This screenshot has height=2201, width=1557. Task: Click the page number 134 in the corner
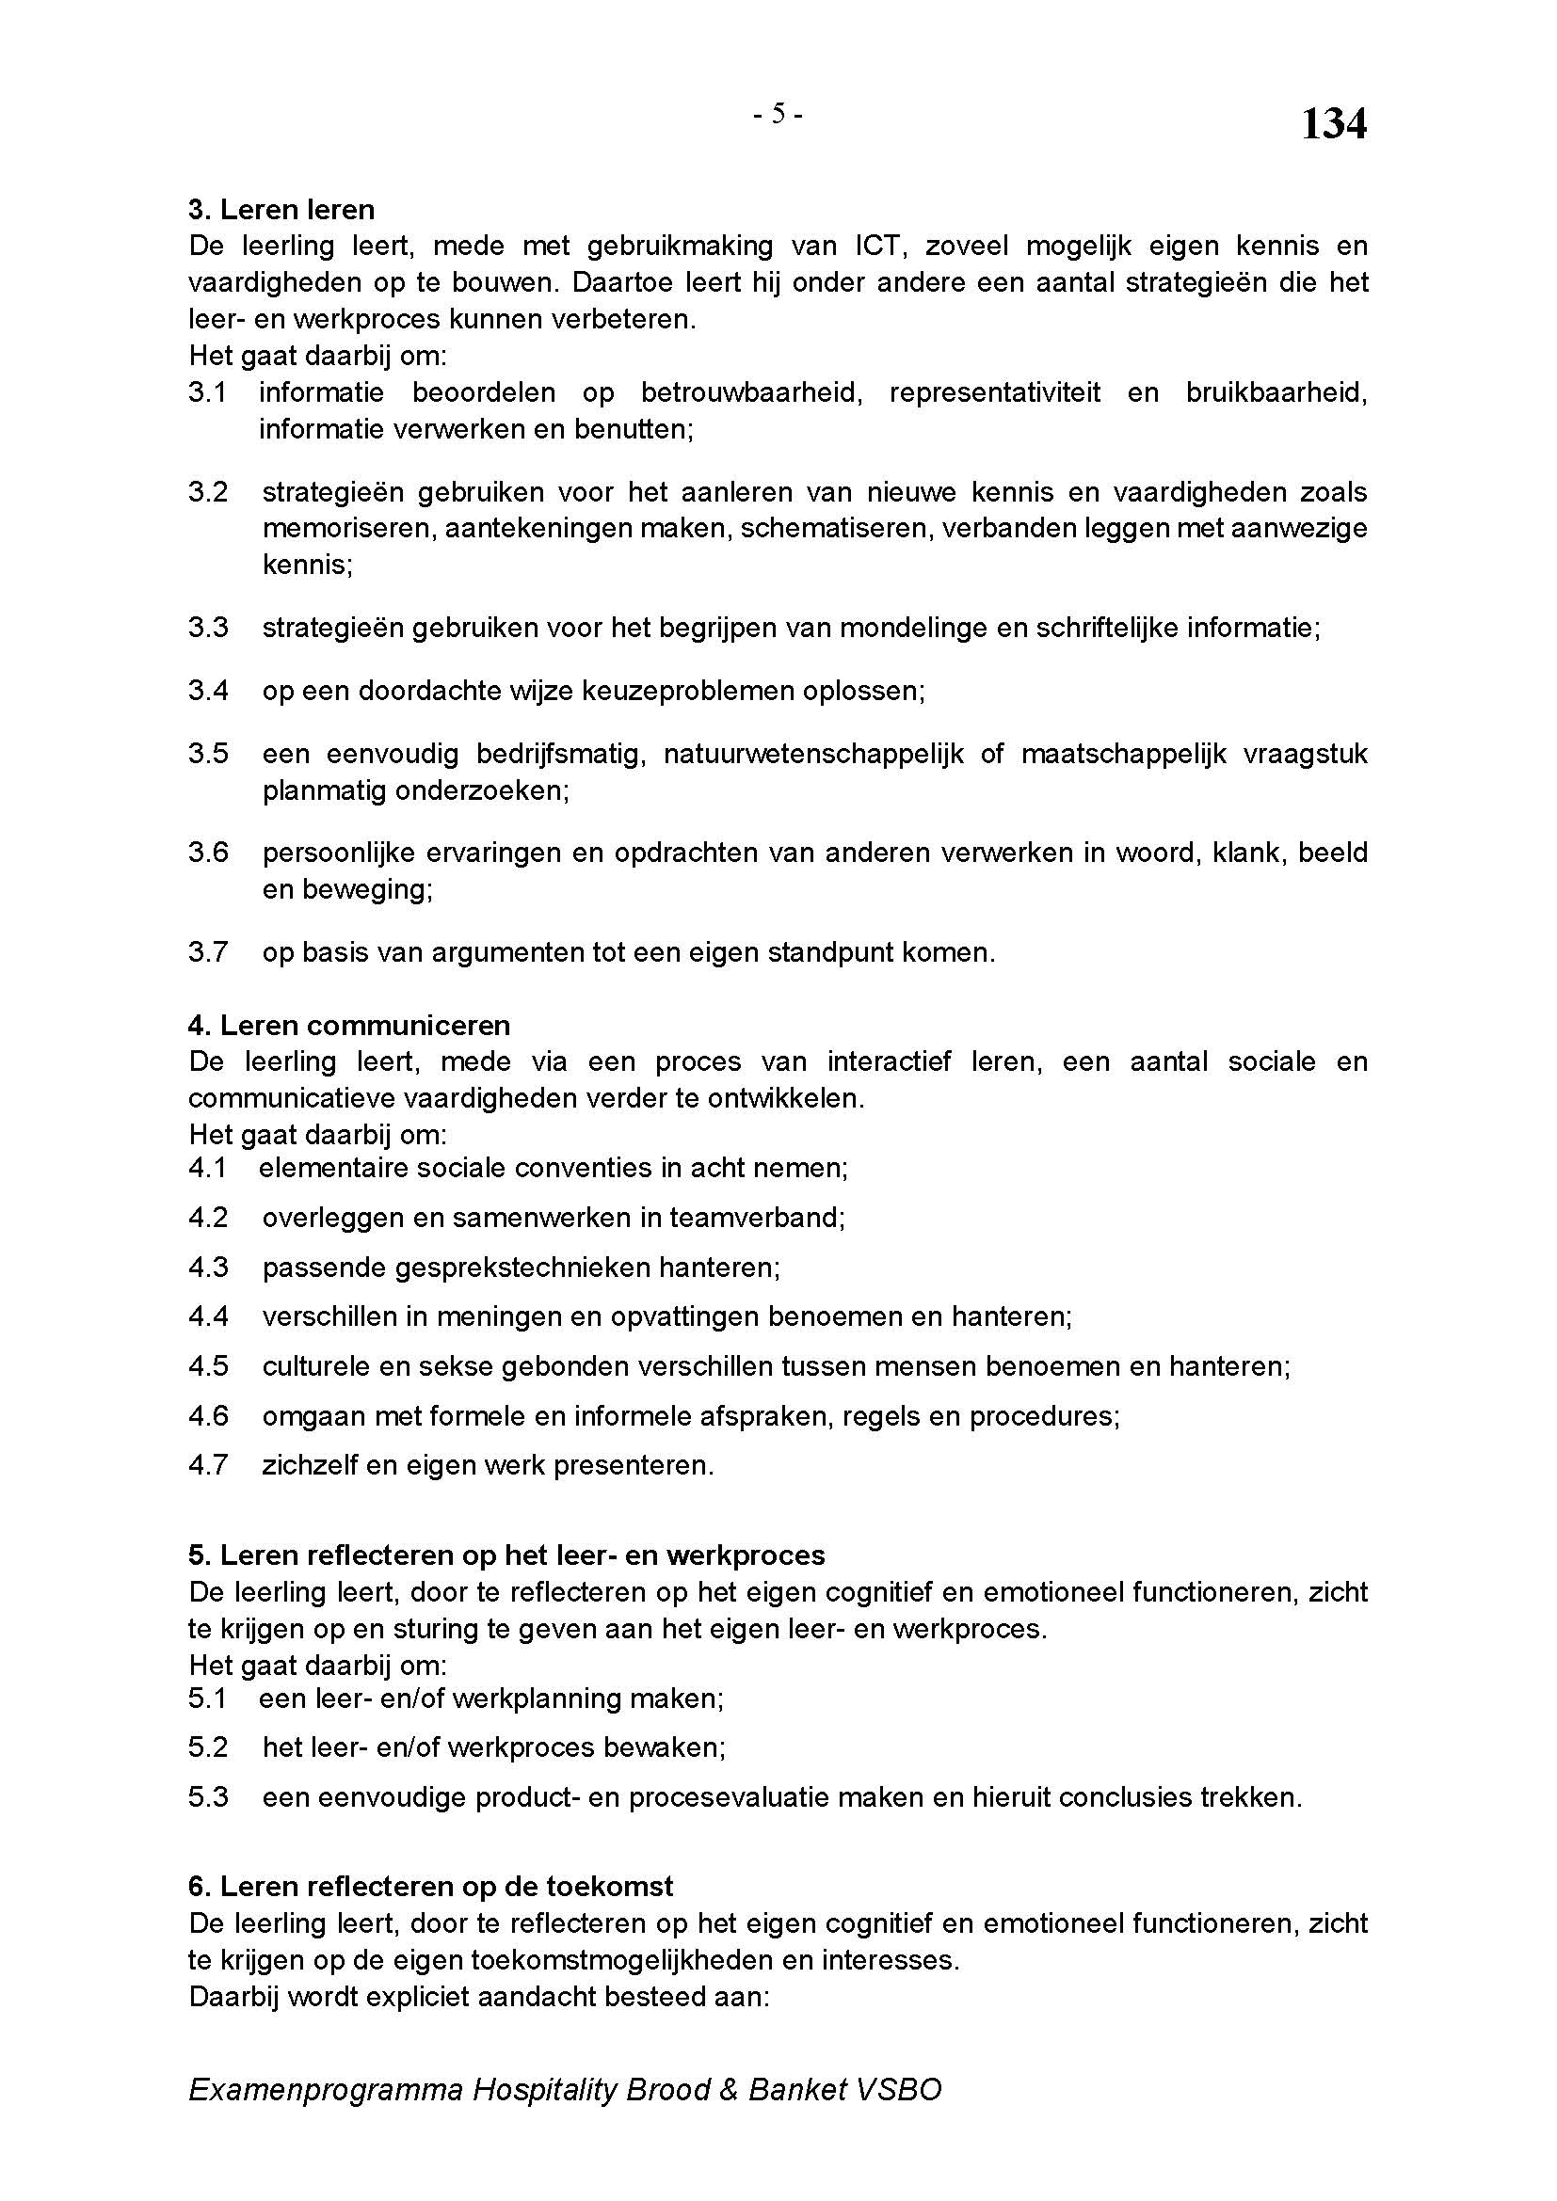[1333, 124]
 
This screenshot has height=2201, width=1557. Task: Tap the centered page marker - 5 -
[778, 114]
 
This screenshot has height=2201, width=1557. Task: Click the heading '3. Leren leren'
[281, 210]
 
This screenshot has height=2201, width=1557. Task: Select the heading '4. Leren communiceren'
[349, 1026]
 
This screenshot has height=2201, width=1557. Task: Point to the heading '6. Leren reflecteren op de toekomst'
[430, 1887]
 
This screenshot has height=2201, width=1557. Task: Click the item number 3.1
[207, 393]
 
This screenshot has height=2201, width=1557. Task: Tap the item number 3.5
[208, 755]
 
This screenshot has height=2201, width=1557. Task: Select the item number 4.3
[208, 1268]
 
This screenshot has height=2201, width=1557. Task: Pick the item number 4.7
[208, 1466]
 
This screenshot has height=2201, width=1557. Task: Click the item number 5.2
[208, 1747]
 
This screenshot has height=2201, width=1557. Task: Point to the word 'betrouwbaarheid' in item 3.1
[748, 393]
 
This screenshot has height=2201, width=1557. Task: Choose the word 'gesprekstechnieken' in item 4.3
[533, 1268]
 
